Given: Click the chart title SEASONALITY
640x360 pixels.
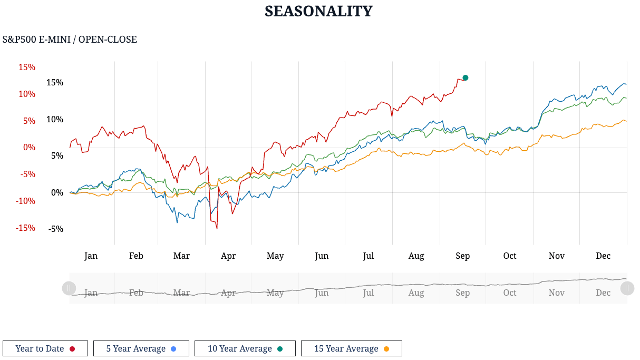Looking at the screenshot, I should [318, 11].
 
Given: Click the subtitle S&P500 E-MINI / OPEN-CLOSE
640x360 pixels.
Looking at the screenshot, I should [70, 40].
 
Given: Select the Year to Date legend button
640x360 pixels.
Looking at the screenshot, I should [45, 348].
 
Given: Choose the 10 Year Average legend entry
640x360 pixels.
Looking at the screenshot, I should [245, 348].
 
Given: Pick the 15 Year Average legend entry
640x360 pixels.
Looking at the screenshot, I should [352, 348].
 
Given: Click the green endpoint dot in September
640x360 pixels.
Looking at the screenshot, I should [466, 78].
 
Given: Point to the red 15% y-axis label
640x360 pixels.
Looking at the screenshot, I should [27, 67].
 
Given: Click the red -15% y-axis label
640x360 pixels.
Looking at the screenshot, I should [25, 228].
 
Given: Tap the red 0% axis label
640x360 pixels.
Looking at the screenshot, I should [29, 148].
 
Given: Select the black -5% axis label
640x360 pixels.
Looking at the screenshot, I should [55, 229].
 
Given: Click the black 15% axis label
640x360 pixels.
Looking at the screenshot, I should [55, 83].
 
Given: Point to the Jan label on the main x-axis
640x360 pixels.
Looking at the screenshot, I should [91, 256].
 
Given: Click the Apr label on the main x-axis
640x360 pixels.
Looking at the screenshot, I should [228, 256].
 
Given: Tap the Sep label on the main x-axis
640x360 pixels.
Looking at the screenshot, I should [462, 256].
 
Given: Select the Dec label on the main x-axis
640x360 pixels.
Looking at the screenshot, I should [603, 256].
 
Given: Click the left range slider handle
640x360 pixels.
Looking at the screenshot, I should [69, 288].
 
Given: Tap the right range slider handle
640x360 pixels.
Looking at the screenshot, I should [627, 288].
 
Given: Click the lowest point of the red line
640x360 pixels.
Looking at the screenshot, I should [217, 228].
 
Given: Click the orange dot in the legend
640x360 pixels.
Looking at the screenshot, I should [386, 349].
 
